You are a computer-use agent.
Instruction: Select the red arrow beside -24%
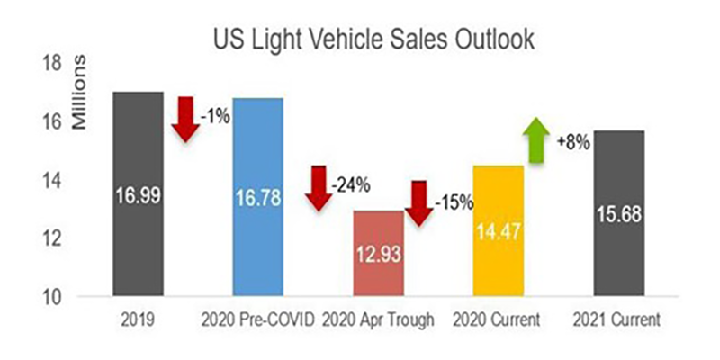pyautogui.click(x=319, y=188)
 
